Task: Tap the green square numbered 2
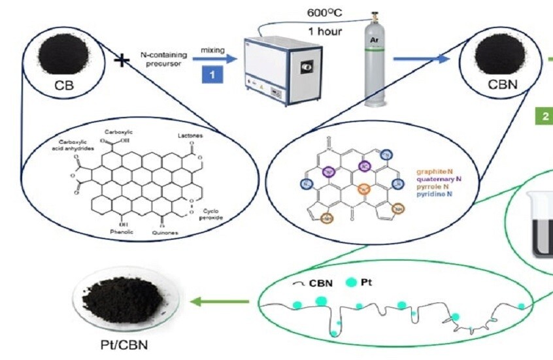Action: [x=544, y=118]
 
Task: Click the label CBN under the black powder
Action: [x=503, y=84]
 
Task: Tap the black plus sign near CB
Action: [x=120, y=61]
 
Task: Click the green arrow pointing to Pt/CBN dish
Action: [x=220, y=302]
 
